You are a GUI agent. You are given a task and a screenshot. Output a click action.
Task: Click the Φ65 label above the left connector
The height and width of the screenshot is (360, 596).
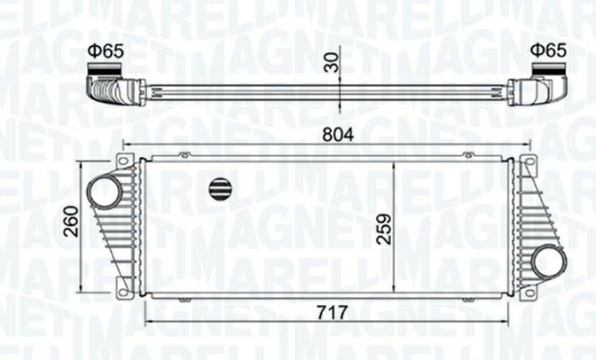pyautogui.click(x=105, y=51)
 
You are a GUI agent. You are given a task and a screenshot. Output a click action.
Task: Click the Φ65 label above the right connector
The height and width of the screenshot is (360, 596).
pyautogui.click(x=548, y=51)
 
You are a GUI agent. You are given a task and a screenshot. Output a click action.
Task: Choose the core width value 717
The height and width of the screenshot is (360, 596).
pyautogui.click(x=330, y=313)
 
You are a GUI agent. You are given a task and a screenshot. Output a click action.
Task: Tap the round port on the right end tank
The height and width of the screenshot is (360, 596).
pyautogui.click(x=549, y=262)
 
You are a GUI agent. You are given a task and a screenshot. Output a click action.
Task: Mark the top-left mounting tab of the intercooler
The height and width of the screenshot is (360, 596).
pyautogui.click(x=126, y=162)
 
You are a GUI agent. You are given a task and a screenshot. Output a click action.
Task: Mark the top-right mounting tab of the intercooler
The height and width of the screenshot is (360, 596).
pyautogui.click(x=529, y=162)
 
